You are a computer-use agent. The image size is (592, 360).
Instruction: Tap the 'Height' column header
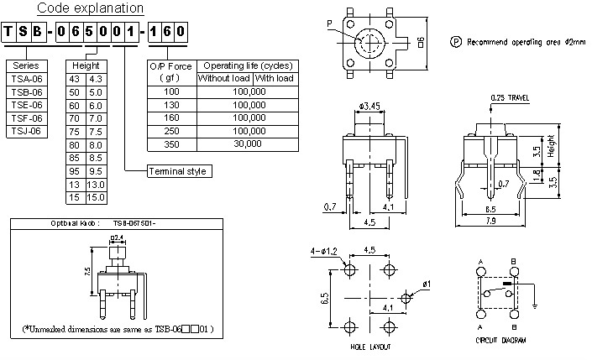tap(85, 65)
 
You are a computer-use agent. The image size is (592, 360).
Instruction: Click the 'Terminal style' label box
tap(179, 172)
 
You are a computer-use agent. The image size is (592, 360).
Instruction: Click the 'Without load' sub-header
tap(223, 78)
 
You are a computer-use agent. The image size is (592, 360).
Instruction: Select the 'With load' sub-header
tap(275, 78)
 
